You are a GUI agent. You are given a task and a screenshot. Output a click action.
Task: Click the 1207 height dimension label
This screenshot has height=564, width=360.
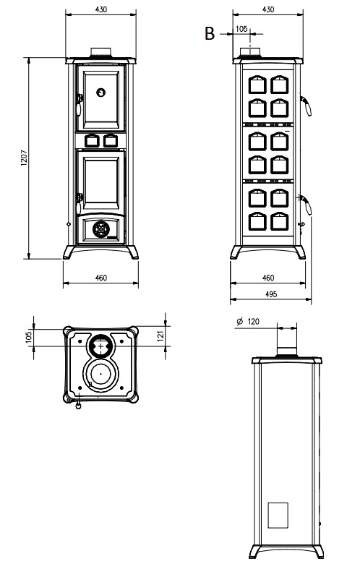24,158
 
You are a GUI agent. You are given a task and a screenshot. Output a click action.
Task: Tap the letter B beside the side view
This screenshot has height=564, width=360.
210,33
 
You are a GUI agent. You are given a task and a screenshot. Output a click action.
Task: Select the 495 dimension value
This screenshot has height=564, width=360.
271,294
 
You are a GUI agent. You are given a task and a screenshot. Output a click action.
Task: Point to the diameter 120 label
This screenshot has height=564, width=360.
248,321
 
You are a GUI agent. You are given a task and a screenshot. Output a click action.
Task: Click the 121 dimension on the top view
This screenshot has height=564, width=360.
160,336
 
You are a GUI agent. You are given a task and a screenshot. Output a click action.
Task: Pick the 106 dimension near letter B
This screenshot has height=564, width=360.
241,29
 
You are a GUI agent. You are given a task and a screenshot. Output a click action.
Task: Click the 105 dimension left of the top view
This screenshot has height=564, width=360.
29,337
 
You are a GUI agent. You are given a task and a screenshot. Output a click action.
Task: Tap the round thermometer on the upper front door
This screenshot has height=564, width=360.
101,93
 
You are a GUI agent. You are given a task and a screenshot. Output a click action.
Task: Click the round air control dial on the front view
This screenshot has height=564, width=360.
101,229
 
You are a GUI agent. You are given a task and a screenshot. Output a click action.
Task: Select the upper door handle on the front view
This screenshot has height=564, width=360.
79,104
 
